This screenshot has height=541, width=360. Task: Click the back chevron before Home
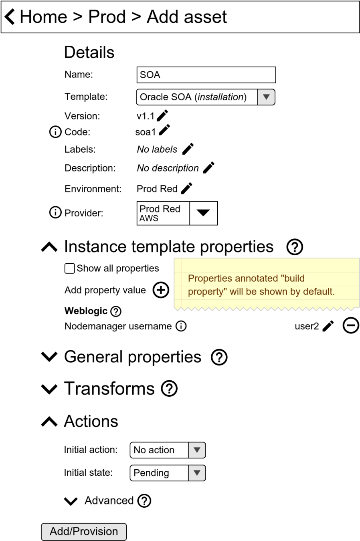coord(10,17)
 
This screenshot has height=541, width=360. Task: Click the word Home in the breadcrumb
coord(43,17)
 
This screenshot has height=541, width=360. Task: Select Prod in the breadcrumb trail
coord(107,17)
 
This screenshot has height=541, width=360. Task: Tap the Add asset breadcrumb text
coord(186,17)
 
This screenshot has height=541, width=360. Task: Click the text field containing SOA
coord(206,75)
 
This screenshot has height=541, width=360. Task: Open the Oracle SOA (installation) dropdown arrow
coord(266,97)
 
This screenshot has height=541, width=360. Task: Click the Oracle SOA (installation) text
coord(193,97)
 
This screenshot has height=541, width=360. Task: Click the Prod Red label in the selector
coord(160,209)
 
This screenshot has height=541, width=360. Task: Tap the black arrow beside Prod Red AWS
coord(203,213)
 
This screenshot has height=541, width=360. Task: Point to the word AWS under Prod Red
coord(149,218)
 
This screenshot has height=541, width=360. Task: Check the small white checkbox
coord(70,268)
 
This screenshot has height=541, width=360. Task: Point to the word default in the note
coord(318,292)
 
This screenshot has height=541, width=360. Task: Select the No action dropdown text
coord(154,450)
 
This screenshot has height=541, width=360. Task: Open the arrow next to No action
coord(197,450)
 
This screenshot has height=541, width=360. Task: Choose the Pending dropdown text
coord(151,473)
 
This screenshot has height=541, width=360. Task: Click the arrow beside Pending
coord(197,473)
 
